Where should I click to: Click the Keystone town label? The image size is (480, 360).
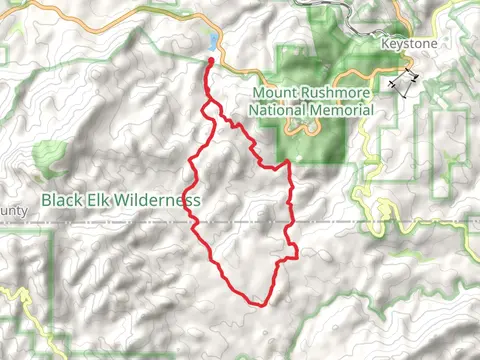(x=409, y=45)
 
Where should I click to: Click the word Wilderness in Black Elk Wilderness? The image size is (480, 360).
(x=158, y=200)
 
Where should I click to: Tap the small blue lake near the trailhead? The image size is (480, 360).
(x=213, y=42)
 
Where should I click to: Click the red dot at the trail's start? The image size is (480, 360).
(x=211, y=62)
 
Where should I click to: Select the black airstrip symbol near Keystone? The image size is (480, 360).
(x=402, y=84)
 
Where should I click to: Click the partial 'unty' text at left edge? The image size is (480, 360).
(x=12, y=211)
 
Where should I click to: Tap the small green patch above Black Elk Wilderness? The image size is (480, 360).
(x=46, y=155)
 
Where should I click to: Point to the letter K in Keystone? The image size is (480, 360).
(x=387, y=45)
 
